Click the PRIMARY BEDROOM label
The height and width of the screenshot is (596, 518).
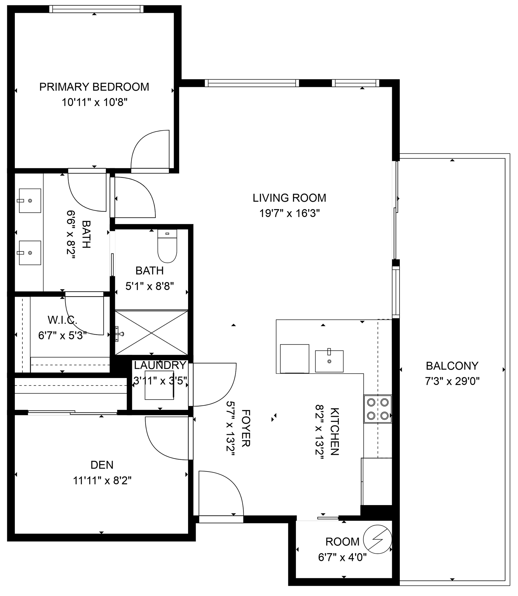pos(94,87)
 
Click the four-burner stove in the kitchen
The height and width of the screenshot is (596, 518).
pos(377,409)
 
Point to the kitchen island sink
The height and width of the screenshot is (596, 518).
pos(329,361)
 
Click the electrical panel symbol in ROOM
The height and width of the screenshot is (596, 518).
pos(377,540)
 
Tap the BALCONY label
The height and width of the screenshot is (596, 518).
pos(452,366)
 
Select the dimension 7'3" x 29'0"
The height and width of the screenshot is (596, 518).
pos(452,382)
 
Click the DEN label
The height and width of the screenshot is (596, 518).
pos(102,465)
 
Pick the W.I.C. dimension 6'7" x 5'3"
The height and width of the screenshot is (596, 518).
pos(62,336)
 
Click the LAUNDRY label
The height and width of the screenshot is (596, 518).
pos(160,365)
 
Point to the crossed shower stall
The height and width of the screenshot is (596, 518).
pos(151,333)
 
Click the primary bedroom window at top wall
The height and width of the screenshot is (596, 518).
pos(96,9)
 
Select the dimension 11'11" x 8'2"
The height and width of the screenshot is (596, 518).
pos(102,481)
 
